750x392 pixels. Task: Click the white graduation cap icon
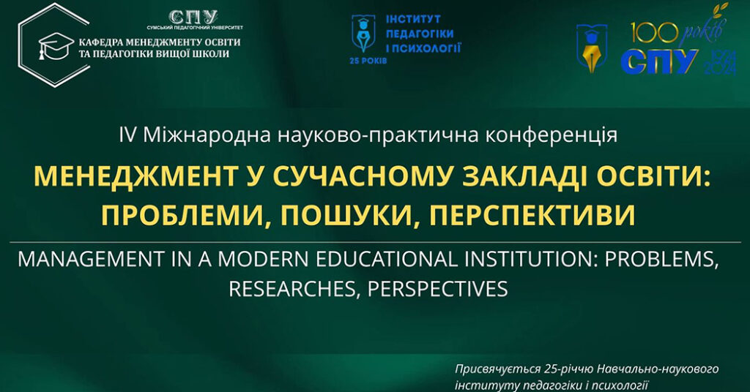[56, 45]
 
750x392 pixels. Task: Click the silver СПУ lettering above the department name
[193, 18]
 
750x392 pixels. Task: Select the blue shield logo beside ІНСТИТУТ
[363, 33]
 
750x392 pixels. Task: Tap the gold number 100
[654, 33]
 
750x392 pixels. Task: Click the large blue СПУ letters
[659, 61]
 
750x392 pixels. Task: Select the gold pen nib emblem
[592, 48]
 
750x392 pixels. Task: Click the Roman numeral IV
[127, 135]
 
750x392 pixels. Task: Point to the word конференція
[551, 136]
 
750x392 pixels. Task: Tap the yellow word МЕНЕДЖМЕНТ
[135, 176]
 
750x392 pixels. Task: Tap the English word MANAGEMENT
[91, 259]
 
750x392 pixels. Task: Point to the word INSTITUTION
[530, 259]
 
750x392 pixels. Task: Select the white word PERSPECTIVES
[438, 289]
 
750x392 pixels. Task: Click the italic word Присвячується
[497, 369]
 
